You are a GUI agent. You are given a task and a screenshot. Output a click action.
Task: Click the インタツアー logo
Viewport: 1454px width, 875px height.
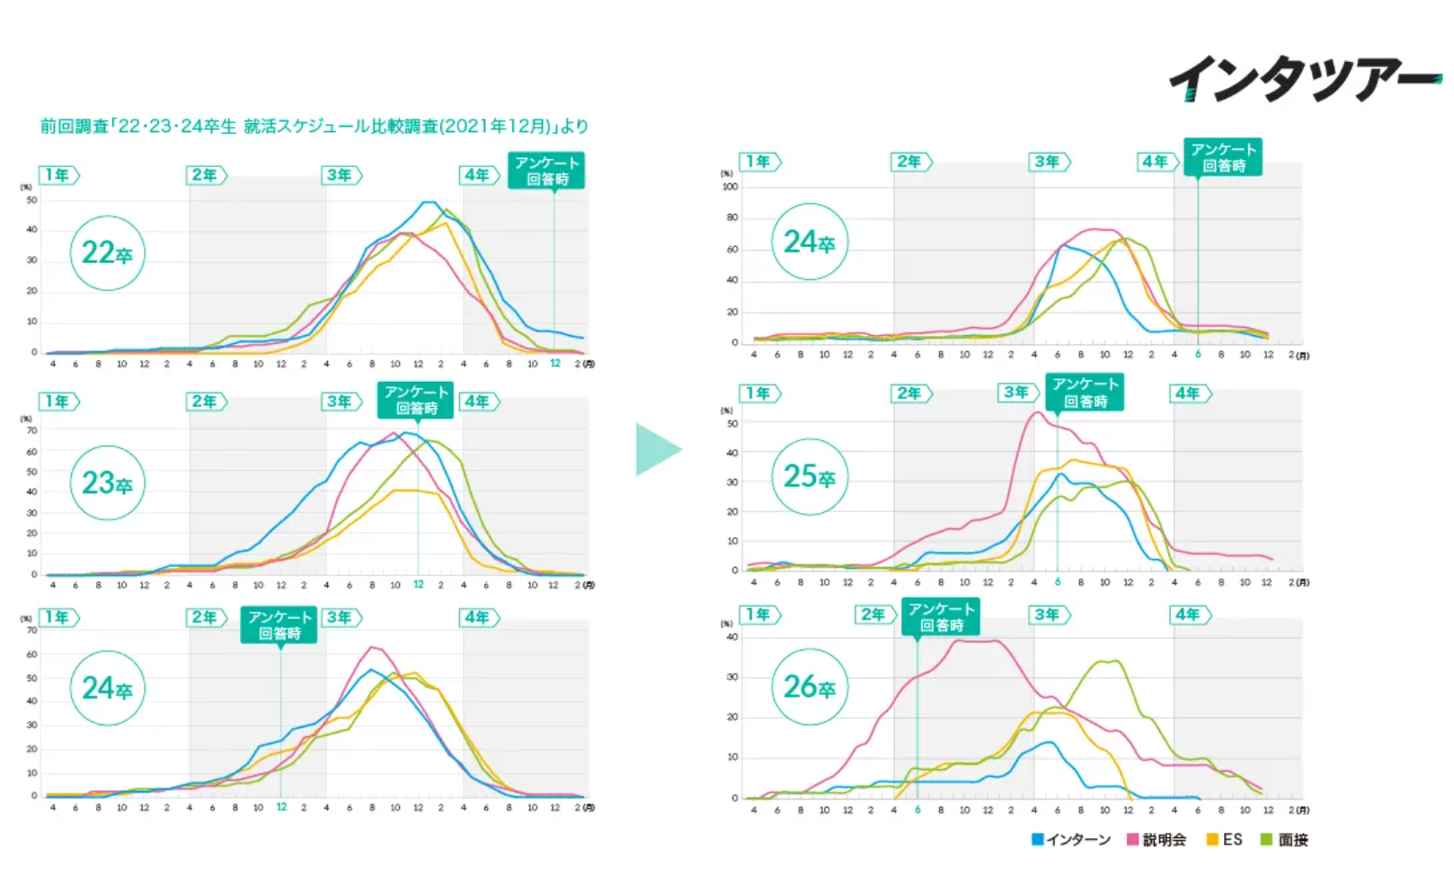[1304, 78]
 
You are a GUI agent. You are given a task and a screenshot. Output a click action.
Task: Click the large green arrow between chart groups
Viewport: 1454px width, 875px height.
[657, 449]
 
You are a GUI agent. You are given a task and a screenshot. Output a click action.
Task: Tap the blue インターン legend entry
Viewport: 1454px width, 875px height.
[1071, 840]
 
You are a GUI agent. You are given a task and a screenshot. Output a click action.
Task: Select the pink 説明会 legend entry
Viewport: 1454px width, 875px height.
[1157, 840]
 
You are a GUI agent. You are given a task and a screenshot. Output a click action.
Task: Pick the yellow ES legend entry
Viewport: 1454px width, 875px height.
[1224, 840]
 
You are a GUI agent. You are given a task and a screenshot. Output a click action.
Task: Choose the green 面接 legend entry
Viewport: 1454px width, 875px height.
[1284, 840]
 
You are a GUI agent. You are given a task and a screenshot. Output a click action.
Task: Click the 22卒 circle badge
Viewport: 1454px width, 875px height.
[107, 253]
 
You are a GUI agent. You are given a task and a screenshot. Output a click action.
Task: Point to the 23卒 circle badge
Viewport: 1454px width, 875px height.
[107, 483]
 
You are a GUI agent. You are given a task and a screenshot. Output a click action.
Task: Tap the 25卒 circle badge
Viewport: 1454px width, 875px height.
[810, 476]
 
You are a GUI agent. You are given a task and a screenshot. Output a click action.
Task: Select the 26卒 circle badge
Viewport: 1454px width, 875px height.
[810, 687]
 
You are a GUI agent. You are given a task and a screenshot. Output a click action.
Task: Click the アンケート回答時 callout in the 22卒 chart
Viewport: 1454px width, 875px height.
[546, 171]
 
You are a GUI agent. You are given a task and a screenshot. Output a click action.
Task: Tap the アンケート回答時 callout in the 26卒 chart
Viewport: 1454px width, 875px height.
[941, 617]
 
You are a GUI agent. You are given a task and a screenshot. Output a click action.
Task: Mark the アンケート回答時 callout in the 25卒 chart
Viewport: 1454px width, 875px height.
[1085, 393]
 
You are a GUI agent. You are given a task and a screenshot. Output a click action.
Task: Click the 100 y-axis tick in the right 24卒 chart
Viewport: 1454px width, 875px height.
[730, 187]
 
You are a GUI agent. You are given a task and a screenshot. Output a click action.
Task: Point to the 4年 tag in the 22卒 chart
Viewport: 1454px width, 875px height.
[479, 175]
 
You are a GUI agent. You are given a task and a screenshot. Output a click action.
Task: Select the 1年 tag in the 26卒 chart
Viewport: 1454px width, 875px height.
[759, 614]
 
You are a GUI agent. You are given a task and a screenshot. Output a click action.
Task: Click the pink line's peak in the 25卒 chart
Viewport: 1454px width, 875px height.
[1037, 413]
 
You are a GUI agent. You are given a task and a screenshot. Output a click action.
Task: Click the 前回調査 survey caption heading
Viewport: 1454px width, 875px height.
[314, 127]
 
